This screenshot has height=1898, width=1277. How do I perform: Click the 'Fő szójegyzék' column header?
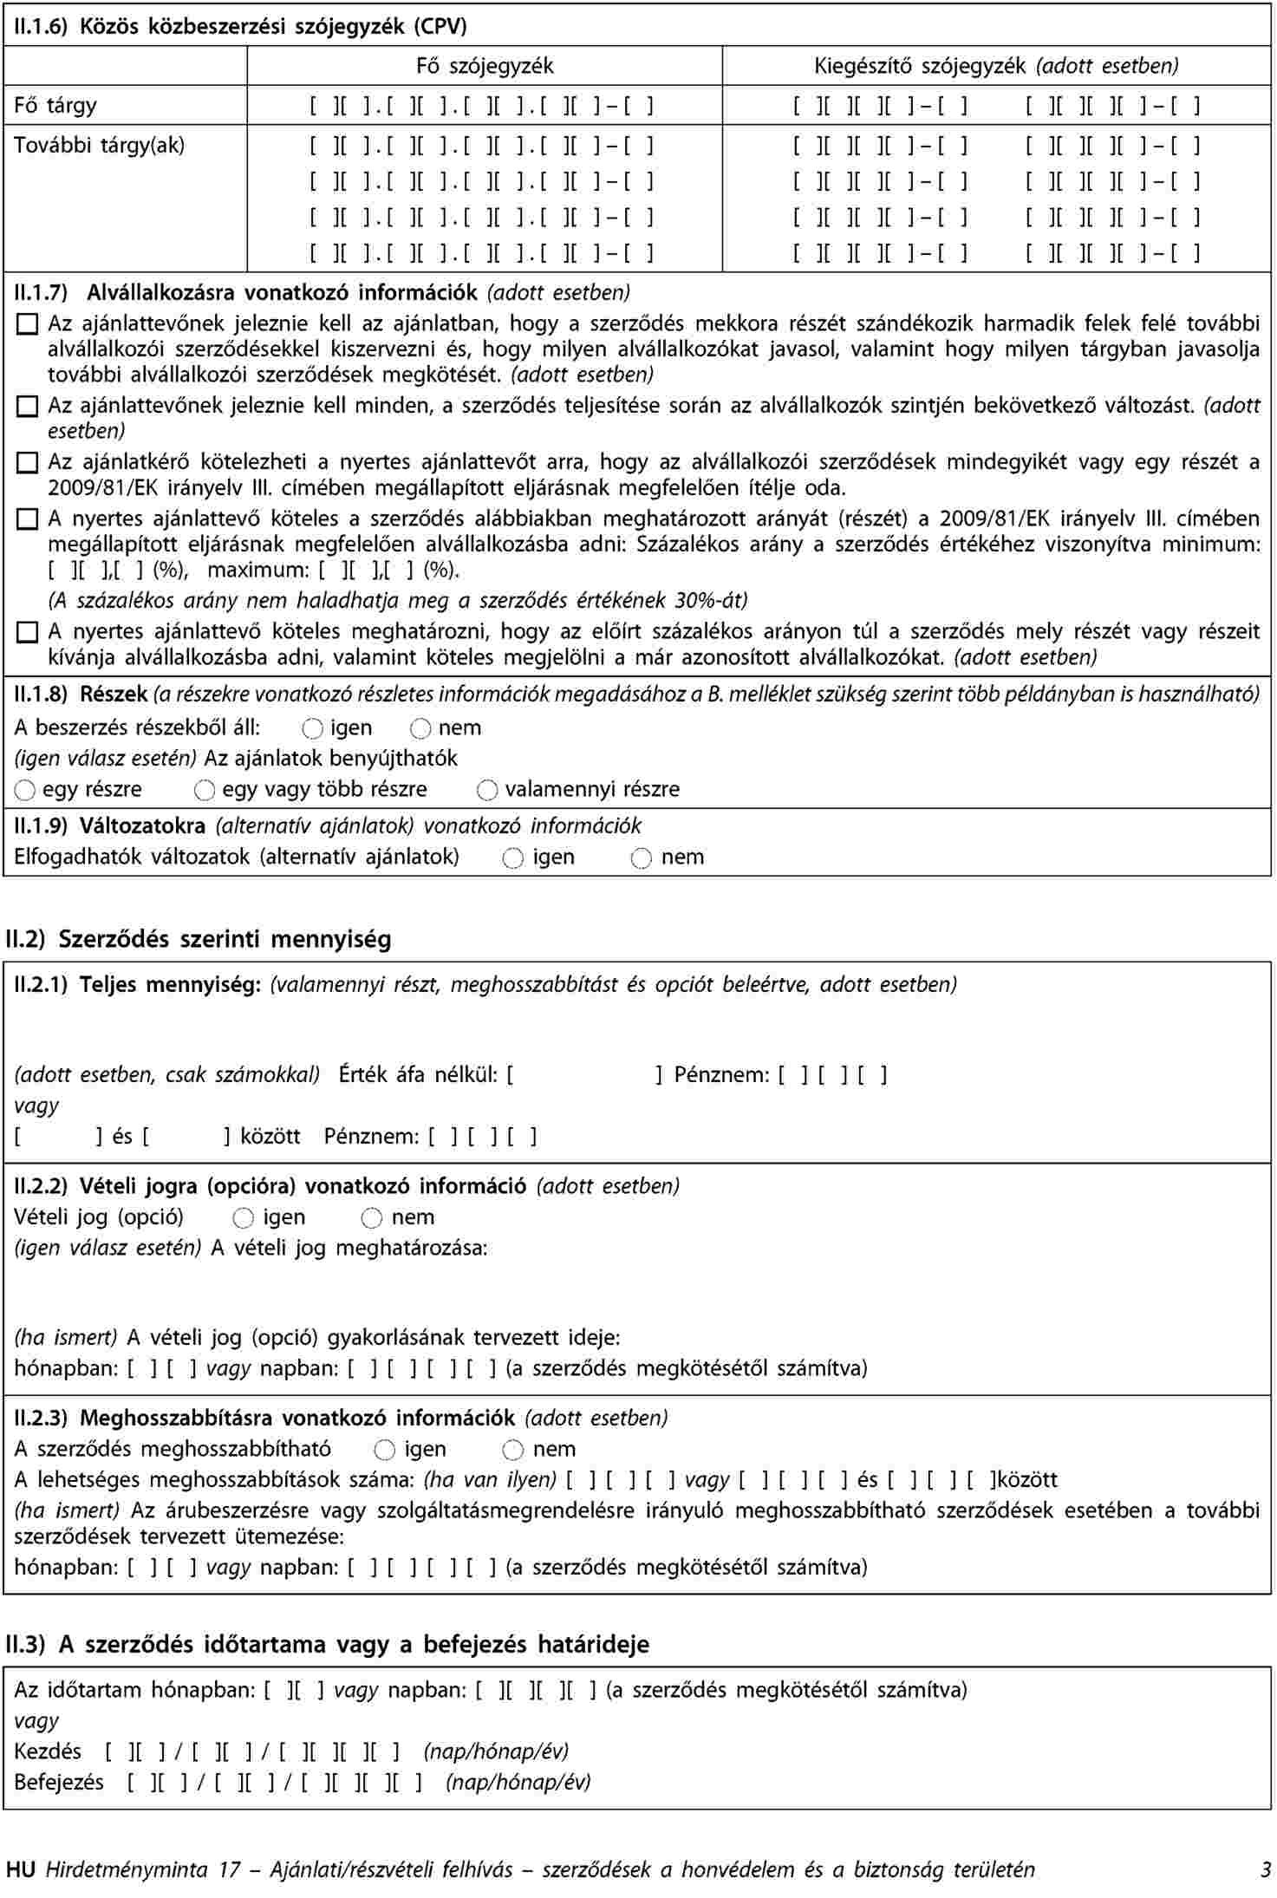pyautogui.click(x=485, y=66)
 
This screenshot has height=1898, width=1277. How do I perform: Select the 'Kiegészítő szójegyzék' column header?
pyautogui.click(x=996, y=66)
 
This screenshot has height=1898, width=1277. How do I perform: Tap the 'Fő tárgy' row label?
pyautogui.click(x=55, y=106)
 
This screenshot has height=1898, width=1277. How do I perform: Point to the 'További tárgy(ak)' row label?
pyautogui.click(x=99, y=145)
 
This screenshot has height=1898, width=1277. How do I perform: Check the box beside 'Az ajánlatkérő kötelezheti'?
pyautogui.click(x=28, y=464)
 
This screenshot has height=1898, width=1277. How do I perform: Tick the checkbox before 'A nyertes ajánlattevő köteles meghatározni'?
pyautogui.click(x=28, y=633)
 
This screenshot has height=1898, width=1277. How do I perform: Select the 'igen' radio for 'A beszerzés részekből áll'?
pyautogui.click(x=314, y=728)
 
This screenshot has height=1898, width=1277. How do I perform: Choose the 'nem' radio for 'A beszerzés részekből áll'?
pyautogui.click(x=421, y=728)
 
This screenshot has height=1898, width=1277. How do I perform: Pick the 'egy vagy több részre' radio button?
pyautogui.click(x=205, y=790)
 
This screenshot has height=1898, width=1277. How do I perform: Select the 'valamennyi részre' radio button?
pyautogui.click(x=487, y=790)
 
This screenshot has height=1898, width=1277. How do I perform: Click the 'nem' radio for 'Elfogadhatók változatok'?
pyautogui.click(x=642, y=858)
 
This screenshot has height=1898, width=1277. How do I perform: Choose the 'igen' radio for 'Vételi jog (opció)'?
pyautogui.click(x=244, y=1218)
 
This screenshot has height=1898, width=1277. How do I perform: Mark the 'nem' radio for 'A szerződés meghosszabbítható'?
pyautogui.click(x=513, y=1450)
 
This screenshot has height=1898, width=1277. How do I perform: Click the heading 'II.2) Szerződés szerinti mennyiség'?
pyautogui.click(x=199, y=939)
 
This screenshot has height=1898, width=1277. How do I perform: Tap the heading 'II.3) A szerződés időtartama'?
pyautogui.click(x=327, y=1645)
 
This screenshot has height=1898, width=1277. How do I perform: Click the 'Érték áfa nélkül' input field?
pyautogui.click(x=584, y=1075)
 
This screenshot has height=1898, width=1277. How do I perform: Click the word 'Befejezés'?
pyautogui.click(x=59, y=1782)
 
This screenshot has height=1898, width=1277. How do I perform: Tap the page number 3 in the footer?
pyautogui.click(x=1266, y=1869)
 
